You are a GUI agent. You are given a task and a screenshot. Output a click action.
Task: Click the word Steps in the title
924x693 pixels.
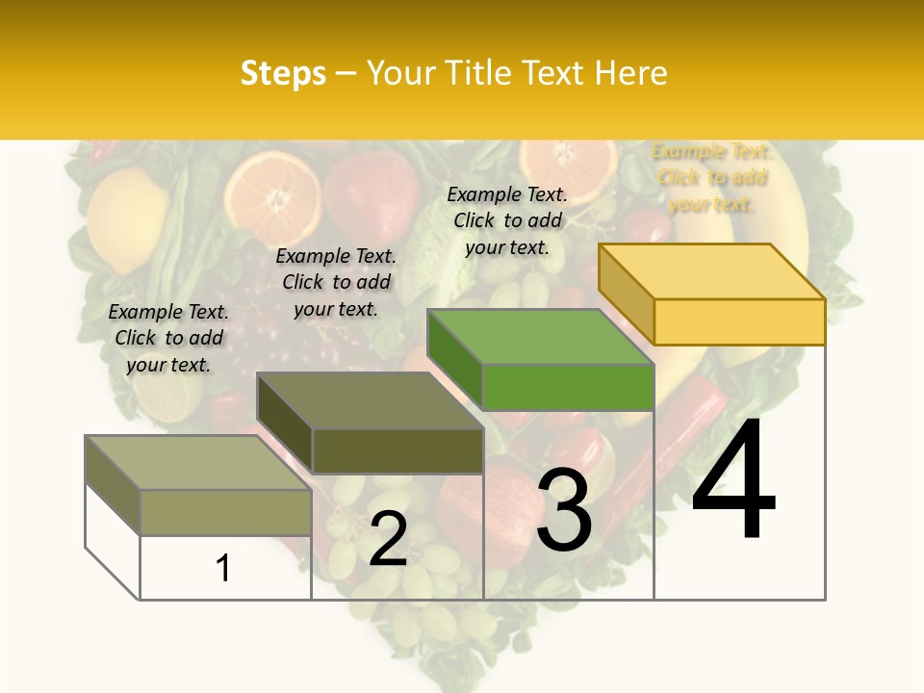coord(283,73)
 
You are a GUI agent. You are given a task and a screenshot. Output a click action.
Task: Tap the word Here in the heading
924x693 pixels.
coord(630,73)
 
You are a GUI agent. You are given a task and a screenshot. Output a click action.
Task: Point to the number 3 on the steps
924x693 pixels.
coord(564,510)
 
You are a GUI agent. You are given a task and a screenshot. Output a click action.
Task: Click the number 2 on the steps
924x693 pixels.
coord(388,539)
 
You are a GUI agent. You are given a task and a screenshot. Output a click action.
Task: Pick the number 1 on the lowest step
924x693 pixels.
coord(223,568)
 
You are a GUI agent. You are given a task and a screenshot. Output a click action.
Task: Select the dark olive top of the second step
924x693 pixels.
coord(370,400)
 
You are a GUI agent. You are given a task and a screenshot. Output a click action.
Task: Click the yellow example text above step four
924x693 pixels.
coord(711,178)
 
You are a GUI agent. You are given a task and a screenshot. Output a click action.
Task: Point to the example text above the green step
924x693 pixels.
coord(507,220)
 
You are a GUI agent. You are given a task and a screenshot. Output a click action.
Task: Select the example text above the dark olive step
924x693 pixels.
coord(336,282)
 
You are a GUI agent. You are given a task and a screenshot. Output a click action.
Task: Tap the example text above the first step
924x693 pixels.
coord(168,338)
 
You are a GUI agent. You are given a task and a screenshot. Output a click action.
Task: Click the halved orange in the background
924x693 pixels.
coord(274,189)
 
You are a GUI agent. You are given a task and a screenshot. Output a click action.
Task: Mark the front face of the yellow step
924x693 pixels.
coord(739,321)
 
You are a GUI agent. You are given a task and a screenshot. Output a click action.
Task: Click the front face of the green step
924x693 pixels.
coord(568,387)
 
